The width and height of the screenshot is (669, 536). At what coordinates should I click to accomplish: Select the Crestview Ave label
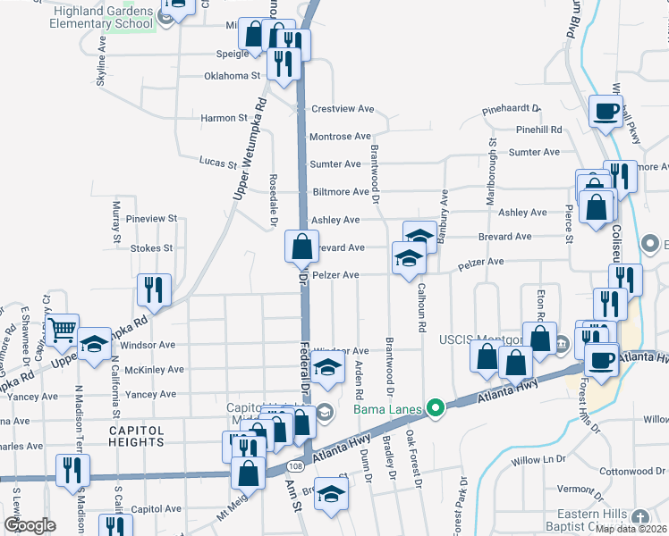(x=342, y=109)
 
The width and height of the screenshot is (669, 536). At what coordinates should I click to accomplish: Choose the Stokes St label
(x=151, y=248)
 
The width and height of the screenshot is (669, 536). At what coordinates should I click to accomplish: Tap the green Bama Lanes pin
(x=436, y=410)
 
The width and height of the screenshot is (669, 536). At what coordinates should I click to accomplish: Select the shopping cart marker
(x=62, y=331)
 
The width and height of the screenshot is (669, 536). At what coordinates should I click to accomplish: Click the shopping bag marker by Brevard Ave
(x=302, y=245)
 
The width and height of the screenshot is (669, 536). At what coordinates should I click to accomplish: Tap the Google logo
(x=30, y=525)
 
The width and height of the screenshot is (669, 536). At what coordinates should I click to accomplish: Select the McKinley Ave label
(x=156, y=369)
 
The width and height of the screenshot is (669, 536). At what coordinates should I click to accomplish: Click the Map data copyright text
(x=631, y=529)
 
